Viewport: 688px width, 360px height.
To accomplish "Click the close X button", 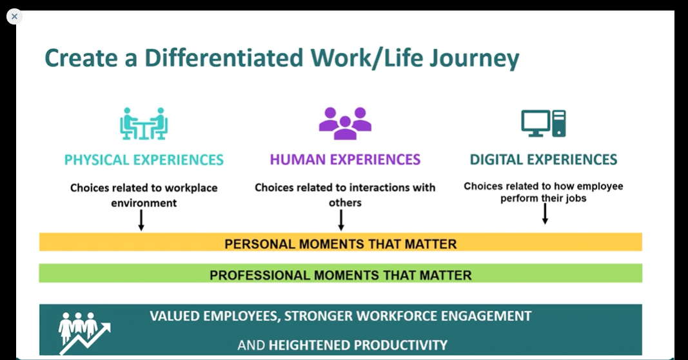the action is pyautogui.click(x=14, y=17).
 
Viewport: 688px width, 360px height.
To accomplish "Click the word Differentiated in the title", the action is pyautogui.click(x=224, y=58).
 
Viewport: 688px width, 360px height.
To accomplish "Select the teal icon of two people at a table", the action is pyautogui.click(x=144, y=123).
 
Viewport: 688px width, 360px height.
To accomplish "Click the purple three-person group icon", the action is pyautogui.click(x=346, y=123).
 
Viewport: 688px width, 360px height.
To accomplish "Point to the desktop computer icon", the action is pyautogui.click(x=543, y=123).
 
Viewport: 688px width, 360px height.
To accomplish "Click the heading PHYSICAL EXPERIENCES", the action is pyautogui.click(x=144, y=160).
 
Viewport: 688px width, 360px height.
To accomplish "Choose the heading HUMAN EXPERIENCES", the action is pyautogui.click(x=346, y=159).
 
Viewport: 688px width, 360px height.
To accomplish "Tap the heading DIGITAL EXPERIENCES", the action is pyautogui.click(x=544, y=159).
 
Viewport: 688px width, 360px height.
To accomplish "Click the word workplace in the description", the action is pyautogui.click(x=191, y=188).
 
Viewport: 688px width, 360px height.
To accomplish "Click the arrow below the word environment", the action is pyautogui.click(x=141, y=221).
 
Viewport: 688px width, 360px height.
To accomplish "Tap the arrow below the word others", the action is pyautogui.click(x=341, y=221).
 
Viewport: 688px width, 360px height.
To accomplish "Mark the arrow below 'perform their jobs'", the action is pyautogui.click(x=545, y=214).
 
